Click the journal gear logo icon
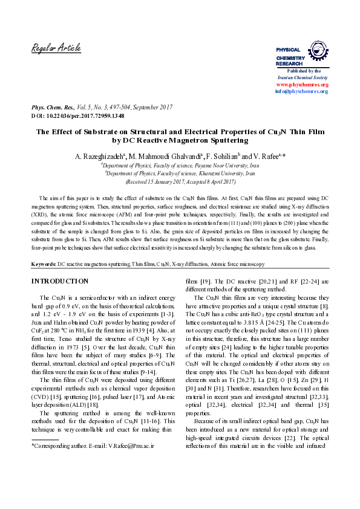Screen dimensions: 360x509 click(318, 50)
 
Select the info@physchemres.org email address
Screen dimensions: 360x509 click(301, 91)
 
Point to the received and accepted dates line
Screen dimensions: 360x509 click(180, 181)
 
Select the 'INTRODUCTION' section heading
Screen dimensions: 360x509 click(60, 281)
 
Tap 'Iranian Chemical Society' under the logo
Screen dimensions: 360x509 click(302, 78)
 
